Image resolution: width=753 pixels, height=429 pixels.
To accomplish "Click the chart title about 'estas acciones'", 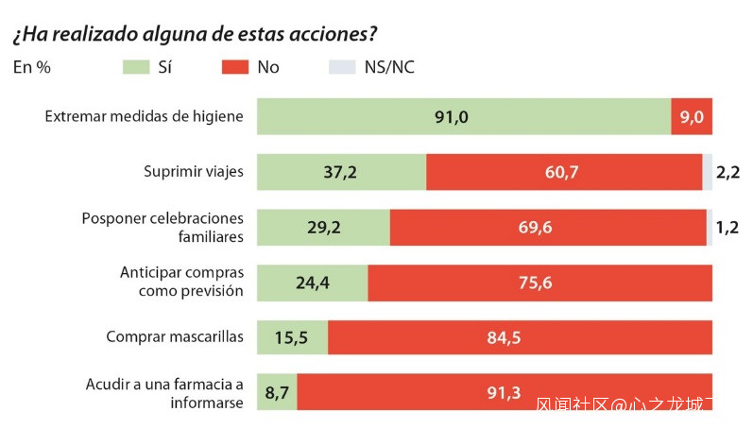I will tap(195, 34).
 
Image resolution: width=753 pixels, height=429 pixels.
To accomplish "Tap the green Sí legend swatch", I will tap(137, 67).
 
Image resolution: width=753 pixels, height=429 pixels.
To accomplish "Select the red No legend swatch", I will tap(234, 67).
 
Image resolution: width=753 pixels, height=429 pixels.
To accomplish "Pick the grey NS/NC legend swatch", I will tap(341, 67).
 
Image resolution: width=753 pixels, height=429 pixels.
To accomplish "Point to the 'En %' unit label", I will tap(31, 67).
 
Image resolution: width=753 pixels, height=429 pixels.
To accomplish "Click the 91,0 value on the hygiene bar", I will tap(452, 117).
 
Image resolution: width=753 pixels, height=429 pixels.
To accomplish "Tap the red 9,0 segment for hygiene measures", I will tap(692, 117).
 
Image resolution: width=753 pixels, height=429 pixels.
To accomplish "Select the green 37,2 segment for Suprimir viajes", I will tap(341, 172).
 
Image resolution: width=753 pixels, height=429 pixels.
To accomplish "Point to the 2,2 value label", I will tap(727, 172).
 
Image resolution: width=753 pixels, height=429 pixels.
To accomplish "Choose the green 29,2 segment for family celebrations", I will tap(323, 228).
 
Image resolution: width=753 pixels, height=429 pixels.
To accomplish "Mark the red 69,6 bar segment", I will tap(548, 228).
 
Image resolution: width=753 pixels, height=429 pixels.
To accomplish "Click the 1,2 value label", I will tap(727, 228).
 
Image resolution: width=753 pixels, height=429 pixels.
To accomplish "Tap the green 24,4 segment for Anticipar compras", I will tap(312, 282).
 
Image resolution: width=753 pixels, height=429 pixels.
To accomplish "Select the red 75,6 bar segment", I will tap(539, 282).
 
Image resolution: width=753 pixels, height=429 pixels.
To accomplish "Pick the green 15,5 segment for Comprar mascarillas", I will tap(292, 337).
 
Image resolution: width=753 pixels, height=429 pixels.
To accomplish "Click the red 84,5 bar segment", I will tap(520, 337).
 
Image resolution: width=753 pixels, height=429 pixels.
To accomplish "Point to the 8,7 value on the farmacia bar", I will tap(277, 392).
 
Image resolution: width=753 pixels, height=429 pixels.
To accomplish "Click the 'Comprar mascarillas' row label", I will tap(175, 336).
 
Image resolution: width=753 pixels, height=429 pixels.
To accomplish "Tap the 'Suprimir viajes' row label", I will tap(194, 172).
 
